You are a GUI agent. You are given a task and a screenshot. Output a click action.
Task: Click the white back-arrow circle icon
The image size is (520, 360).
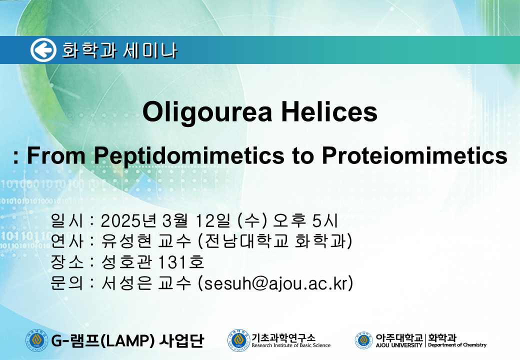(43, 50)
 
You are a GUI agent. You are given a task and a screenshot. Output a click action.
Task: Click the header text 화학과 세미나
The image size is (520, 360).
(119, 50)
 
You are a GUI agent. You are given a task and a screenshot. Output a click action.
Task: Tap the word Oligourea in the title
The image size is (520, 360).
(207, 112)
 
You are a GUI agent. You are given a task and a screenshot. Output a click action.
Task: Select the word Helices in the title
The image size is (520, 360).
(329, 111)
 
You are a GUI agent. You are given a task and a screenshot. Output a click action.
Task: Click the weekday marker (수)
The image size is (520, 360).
(252, 221)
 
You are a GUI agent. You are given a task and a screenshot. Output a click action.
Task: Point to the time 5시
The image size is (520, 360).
(324, 221)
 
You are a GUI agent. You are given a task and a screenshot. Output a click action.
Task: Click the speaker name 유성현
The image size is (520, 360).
(126, 241)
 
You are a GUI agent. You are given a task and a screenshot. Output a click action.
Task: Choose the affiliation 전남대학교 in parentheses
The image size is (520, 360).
(246, 241)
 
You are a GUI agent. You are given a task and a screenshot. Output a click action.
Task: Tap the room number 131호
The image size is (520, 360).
(180, 262)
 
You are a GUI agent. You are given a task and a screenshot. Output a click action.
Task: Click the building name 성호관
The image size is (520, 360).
(126, 262)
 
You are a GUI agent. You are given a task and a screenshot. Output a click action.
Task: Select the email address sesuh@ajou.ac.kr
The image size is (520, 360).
(275, 283)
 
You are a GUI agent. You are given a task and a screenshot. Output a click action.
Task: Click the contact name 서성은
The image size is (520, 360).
(126, 283)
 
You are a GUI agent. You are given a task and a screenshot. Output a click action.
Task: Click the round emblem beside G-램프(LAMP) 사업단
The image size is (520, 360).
(37, 340)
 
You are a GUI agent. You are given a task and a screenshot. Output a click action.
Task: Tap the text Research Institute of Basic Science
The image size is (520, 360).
(291, 345)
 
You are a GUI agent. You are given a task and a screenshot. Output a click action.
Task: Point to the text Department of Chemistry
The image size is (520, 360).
(457, 345)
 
